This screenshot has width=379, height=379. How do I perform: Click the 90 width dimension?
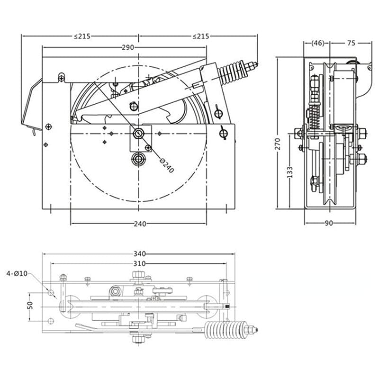330,224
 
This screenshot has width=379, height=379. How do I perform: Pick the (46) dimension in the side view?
317,43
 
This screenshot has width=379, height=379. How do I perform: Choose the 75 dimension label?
351,43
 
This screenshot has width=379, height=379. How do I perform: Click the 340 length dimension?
138,254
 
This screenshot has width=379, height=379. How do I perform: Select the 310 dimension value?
139,263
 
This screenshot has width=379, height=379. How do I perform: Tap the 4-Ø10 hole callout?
18,273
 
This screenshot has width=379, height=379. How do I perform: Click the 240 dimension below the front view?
139,224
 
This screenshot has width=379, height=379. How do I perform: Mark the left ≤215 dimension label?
81,36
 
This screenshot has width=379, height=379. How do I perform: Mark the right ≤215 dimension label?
201,36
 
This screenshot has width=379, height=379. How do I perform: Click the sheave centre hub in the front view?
138,133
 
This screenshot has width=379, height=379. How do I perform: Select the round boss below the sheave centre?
138,158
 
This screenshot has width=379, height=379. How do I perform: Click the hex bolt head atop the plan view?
138,274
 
